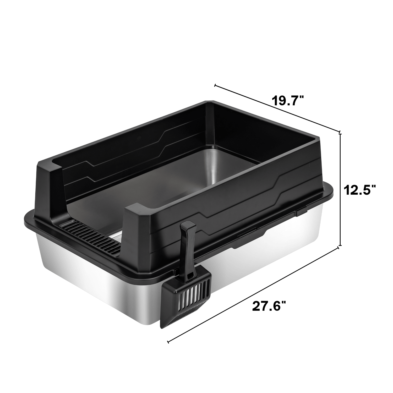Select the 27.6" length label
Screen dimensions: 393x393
[x=269, y=306]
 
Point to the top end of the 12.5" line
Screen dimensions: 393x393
[x=340, y=134]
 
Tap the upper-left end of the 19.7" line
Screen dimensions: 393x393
[x=215, y=85]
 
